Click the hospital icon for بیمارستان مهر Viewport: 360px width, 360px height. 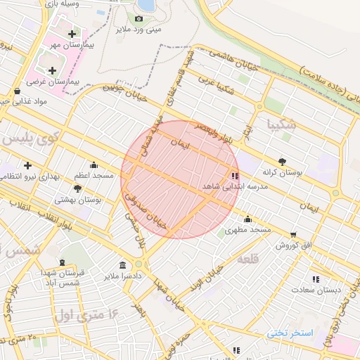pos(72,34)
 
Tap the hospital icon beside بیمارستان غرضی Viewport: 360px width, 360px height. pos(52,70)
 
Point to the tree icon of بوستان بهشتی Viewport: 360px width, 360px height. pos(77,188)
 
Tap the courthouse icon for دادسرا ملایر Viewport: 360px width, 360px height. pos(123,265)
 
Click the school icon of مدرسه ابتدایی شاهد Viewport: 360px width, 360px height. pos(234,176)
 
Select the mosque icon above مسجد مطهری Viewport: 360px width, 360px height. pos(247,219)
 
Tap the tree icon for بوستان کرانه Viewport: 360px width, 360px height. pos(282,160)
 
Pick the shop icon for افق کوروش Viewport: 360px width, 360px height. pos(292,234)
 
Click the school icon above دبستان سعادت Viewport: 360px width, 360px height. pos(316,278)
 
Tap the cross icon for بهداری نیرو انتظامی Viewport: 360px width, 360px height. pos(27,165)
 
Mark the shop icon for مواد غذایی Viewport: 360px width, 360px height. pos(17,91)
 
